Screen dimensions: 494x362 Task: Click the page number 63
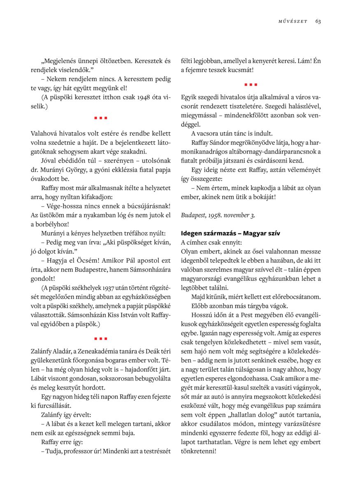pyautogui.click(x=318, y=21)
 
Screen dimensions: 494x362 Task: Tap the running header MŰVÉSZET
pyautogui.click(x=292, y=22)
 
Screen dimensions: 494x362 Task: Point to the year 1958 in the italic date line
pyautogui.click(x=225, y=215)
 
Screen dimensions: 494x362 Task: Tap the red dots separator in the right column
pyautogui.click(x=251, y=85)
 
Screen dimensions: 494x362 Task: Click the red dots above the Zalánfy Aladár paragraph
pyautogui.click(x=100, y=339)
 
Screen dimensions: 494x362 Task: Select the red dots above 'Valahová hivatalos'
pyautogui.click(x=100, y=118)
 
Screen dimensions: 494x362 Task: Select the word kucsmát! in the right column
pyautogui.click(x=240, y=70)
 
